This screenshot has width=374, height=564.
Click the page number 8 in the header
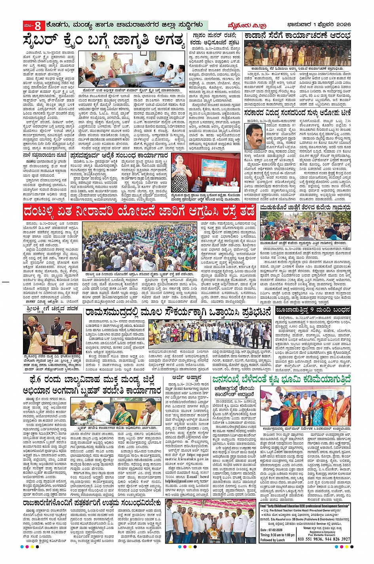pyautogui.click(x=38, y=26)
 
